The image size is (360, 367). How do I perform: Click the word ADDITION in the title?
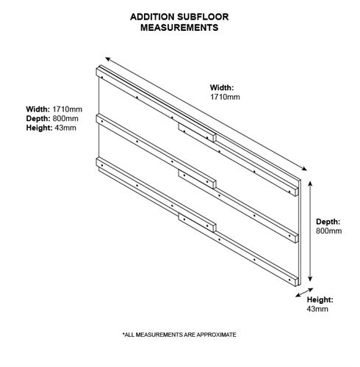(x=152, y=17)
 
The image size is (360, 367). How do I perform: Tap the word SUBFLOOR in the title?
(x=203, y=17)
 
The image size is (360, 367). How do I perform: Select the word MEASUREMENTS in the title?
(x=179, y=27)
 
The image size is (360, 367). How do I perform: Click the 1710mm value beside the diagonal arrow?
(x=225, y=97)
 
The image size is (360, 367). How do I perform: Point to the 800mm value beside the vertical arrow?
(x=328, y=230)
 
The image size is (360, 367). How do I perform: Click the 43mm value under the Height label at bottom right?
(x=317, y=309)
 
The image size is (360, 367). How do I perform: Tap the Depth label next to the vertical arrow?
(x=328, y=222)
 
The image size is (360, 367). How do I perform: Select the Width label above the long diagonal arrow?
(x=222, y=87)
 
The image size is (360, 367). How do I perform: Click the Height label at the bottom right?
(x=320, y=299)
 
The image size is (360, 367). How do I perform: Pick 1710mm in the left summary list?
(x=68, y=109)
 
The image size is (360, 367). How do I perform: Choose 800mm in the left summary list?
(x=65, y=118)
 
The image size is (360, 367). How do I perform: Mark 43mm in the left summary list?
(x=65, y=128)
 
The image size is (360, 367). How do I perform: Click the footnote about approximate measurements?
(x=179, y=335)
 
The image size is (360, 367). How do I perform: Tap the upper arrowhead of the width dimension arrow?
(x=107, y=59)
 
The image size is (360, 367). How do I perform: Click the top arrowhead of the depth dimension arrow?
(x=310, y=183)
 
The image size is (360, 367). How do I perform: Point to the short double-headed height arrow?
(x=304, y=293)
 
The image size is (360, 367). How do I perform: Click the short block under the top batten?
(x=198, y=132)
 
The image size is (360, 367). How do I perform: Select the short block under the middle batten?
(x=198, y=179)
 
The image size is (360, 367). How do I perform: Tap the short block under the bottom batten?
(x=198, y=222)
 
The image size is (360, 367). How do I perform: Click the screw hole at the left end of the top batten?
(x=102, y=77)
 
